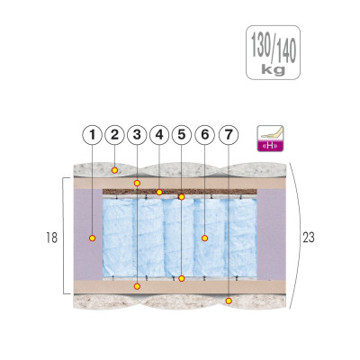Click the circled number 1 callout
coord(93,135)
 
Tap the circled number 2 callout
coord(114,135)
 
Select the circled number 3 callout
coord(137,135)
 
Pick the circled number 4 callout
coord(159,135)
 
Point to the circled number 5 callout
coord(182,135)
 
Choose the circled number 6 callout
coord(204,135)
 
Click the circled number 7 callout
coord(229,135)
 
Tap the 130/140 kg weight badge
coord(273,52)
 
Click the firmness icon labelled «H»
coord(270,139)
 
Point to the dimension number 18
coord(51,238)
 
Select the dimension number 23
coord(309,238)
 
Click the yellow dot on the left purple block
coord(93,238)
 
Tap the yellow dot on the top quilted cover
coord(114,170)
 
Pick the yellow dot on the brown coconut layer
coord(159,192)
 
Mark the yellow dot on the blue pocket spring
coord(204,238)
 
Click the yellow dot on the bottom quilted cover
coord(229,301)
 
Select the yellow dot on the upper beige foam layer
coord(137,183)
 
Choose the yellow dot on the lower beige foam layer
coord(137,286)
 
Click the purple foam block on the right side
coord(270,235)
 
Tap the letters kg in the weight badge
coord(273,70)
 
